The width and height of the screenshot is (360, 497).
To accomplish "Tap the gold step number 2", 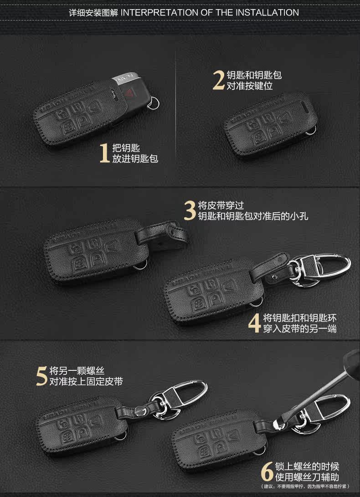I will [x=219, y=80].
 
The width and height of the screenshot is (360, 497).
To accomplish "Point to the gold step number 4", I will [x=255, y=323].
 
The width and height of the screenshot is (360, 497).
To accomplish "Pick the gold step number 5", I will [x=42, y=375].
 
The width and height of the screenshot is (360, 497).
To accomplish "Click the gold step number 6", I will [x=267, y=472].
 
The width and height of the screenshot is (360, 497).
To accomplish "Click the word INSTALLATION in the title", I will [x=267, y=12].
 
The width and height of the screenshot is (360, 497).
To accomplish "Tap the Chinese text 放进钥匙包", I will [x=135, y=159].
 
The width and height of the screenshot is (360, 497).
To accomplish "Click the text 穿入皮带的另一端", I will [x=299, y=328].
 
